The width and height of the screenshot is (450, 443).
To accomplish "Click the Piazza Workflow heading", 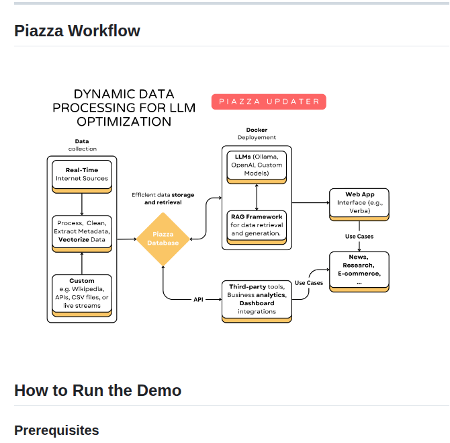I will [x=77, y=31].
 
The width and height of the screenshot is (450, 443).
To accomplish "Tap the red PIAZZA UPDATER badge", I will [x=269, y=102].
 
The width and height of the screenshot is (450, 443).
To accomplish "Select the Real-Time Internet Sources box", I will [x=82, y=175].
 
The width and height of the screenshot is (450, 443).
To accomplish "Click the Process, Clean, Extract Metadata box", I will [x=82, y=231].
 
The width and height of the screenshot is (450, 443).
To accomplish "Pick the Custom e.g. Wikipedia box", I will [x=82, y=293].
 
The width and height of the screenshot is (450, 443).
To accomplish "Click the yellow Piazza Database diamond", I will [x=163, y=239].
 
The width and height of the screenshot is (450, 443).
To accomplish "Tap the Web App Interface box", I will [x=359, y=202].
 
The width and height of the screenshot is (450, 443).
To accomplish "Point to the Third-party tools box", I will [x=257, y=298].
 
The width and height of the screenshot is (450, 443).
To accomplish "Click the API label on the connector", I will [x=199, y=299].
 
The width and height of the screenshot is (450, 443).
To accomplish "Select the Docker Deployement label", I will [x=257, y=133].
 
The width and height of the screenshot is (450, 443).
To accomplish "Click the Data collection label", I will [x=82, y=145].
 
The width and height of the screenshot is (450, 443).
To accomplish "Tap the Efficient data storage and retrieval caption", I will [x=163, y=198].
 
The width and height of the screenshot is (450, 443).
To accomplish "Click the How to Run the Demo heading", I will [x=97, y=391].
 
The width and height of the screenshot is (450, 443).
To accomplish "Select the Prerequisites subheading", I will [x=56, y=430].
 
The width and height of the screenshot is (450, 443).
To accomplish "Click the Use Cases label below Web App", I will [x=359, y=237].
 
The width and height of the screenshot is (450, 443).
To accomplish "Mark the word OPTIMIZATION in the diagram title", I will [x=124, y=122].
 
